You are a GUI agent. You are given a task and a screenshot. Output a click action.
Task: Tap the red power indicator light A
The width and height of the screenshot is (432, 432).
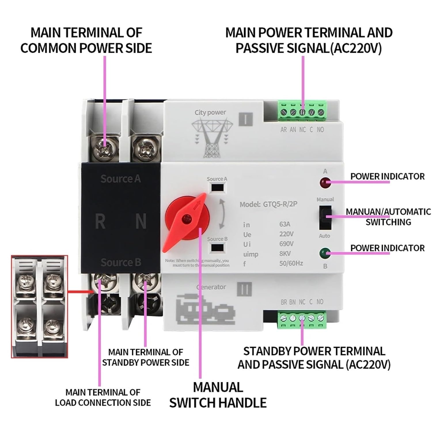325,182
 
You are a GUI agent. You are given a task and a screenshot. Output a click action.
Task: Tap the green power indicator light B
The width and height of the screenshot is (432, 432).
325,253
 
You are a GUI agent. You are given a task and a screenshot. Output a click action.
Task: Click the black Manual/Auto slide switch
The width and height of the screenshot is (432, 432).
325,217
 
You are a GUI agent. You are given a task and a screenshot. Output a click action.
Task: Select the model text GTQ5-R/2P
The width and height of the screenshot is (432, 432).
280,204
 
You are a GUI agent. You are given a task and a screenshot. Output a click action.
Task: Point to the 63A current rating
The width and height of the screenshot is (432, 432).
285,224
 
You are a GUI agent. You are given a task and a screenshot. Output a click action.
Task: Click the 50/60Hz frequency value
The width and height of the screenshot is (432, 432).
291,263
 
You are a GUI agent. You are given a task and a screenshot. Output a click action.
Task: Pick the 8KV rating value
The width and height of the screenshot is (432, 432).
285,253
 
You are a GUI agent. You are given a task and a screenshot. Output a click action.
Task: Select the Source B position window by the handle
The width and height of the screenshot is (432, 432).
217,248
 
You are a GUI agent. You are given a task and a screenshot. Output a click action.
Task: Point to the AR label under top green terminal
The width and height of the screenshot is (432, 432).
283,130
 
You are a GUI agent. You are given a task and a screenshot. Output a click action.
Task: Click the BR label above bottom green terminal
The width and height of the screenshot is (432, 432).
284,302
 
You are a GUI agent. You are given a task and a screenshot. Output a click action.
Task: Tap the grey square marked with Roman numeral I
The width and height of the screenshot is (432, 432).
246,119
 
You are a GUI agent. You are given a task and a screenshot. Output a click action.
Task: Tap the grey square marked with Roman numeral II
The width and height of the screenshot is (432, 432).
245,289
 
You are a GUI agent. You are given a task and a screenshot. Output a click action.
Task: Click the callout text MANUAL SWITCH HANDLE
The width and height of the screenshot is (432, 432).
218,395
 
